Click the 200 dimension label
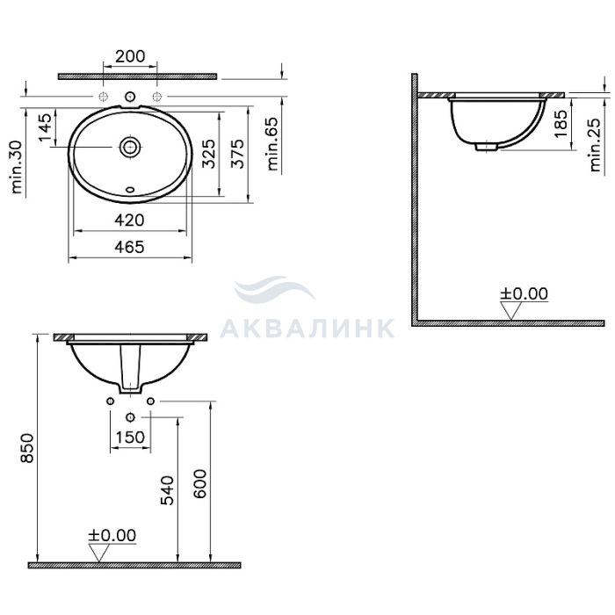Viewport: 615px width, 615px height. pyautogui.click(x=130, y=56)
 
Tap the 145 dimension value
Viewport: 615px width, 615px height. pyautogui.click(x=45, y=127)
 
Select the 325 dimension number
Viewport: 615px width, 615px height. pyautogui.click(x=208, y=154)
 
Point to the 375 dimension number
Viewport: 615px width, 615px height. pyautogui.click(x=237, y=154)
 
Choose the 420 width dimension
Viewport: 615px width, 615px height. pyautogui.click(x=129, y=220)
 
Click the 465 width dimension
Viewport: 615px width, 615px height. pyautogui.click(x=129, y=247)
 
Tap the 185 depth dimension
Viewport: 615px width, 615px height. pyautogui.click(x=561, y=123)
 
